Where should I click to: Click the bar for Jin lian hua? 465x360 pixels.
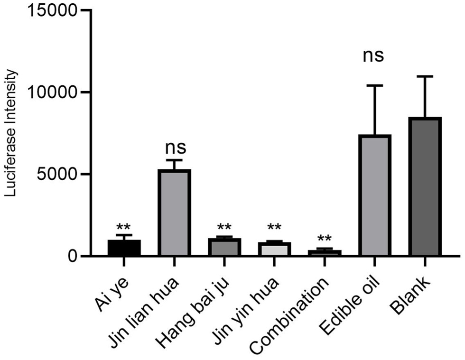pos(174,213)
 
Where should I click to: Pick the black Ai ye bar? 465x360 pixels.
pos(124,248)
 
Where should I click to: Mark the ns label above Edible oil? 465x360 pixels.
pos(373,55)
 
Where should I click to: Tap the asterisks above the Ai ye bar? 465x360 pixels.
pos(124,225)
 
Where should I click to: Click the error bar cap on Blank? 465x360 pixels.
pos(425,76)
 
